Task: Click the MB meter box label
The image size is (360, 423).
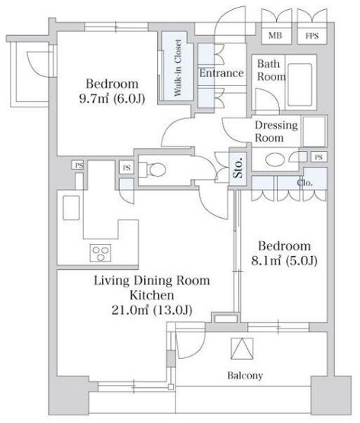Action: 275,35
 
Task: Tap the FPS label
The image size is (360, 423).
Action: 312,36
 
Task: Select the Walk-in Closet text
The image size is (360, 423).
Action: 178,68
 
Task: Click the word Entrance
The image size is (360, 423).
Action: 221,73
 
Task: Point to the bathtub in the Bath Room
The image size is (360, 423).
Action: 300,85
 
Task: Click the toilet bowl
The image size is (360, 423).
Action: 157,170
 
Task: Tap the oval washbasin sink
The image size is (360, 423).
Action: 275,160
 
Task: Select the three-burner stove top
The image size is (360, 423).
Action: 101,253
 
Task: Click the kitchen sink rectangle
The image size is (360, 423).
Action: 71,208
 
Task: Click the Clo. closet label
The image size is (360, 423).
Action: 305,183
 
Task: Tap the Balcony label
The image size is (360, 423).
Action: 245,376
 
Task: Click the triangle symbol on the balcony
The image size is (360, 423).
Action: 242,348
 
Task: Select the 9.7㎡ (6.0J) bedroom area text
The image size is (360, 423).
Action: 112,99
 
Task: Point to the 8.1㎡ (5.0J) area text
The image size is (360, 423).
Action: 284,261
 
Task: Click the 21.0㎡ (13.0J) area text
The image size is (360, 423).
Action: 152,310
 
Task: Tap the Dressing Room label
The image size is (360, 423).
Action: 276,131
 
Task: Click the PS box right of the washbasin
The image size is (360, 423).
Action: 319,157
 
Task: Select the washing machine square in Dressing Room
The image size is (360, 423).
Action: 313,131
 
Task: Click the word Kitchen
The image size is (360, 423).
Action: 152,296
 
